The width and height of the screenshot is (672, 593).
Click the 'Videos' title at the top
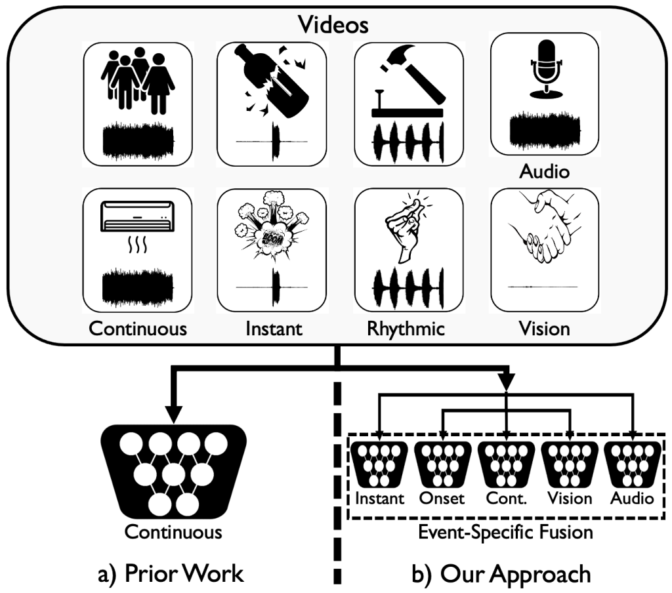333,25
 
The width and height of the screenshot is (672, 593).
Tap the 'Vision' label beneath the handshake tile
545,328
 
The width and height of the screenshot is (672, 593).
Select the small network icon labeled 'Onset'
441,464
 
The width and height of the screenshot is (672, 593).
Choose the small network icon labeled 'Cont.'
505,464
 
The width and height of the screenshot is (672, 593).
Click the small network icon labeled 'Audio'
631,464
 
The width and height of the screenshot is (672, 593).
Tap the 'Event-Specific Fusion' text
505,531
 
